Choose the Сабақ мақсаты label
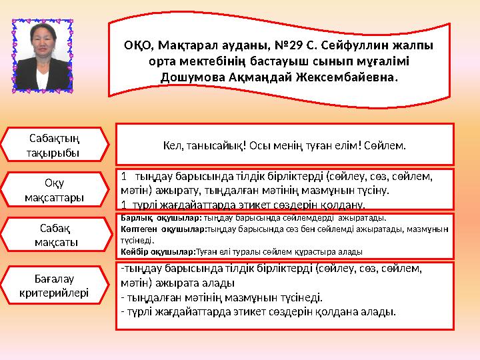pyautogui.click(x=55, y=235)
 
